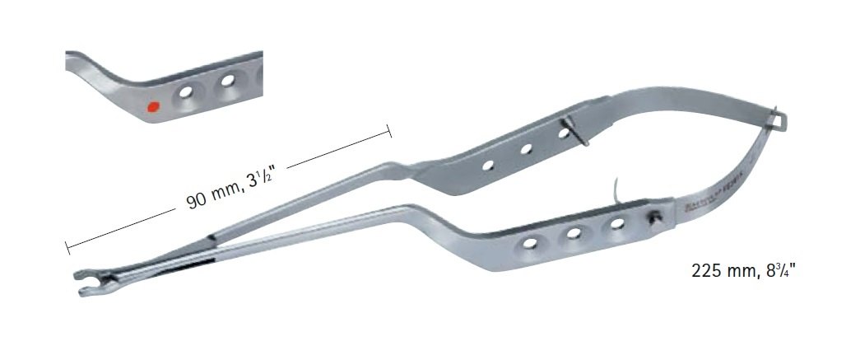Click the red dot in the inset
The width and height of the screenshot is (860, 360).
151,106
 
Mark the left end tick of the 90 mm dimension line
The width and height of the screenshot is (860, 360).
66,245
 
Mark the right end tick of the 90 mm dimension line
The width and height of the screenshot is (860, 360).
389,129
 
